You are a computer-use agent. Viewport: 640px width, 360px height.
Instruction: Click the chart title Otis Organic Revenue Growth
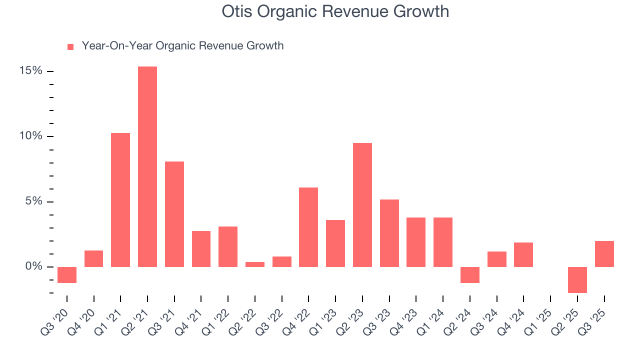click(x=335, y=11)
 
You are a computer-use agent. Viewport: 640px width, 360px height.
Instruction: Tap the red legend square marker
click(x=70, y=46)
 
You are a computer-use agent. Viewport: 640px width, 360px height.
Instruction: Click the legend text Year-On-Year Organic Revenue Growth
click(x=182, y=46)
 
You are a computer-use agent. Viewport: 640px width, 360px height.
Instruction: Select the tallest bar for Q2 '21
click(x=147, y=166)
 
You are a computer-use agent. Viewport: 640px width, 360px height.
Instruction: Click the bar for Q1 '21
click(x=120, y=200)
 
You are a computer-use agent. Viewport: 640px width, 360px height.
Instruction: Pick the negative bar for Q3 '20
click(x=67, y=275)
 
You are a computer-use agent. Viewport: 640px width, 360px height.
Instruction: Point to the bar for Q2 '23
click(x=362, y=205)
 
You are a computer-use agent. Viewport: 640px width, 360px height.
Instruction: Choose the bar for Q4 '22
click(x=308, y=227)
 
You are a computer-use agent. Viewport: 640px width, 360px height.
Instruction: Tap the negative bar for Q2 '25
click(x=577, y=280)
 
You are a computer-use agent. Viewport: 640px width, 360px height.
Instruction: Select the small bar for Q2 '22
click(x=255, y=264)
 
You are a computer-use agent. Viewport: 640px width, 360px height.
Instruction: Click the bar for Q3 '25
click(x=604, y=254)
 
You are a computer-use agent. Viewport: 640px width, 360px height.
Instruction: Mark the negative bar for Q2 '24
click(x=470, y=275)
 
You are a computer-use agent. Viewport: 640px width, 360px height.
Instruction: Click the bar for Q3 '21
click(x=174, y=214)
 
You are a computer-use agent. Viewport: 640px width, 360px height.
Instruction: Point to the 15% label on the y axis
click(x=31, y=71)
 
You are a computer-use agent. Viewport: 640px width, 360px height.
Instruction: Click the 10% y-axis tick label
click(x=31, y=136)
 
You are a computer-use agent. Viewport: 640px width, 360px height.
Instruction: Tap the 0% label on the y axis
click(x=33, y=267)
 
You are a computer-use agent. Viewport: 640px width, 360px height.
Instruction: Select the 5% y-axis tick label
click(x=33, y=201)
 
